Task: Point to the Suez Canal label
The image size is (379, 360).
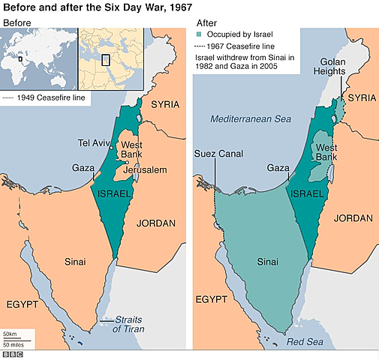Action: pos(215,154)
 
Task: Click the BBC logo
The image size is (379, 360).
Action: pos(12,354)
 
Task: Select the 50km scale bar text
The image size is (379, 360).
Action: pos(10,333)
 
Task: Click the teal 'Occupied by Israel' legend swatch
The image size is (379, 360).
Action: pos(199,34)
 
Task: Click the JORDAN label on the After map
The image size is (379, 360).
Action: pos(353,218)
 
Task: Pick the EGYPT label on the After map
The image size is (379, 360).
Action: pos(212,299)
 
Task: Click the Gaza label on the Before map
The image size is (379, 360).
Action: pos(83,168)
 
